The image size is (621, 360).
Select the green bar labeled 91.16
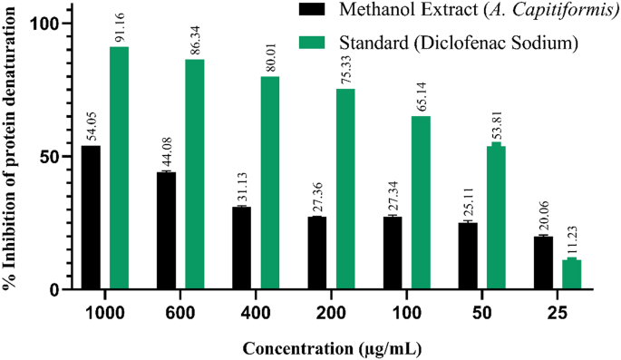click(x=120, y=168)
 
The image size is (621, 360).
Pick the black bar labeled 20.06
click(x=543, y=263)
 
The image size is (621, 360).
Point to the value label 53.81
click(x=496, y=122)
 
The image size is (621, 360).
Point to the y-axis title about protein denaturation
click(x=11, y=154)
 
